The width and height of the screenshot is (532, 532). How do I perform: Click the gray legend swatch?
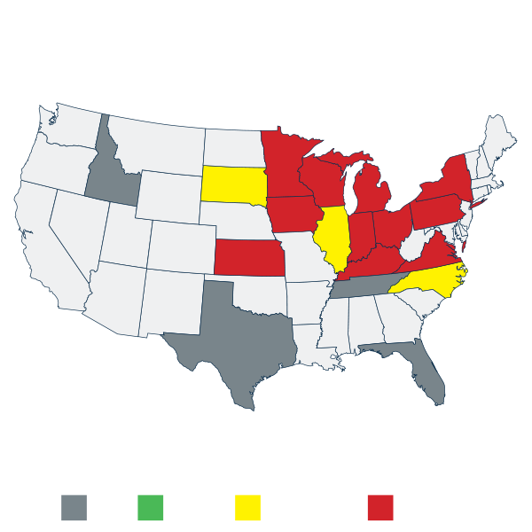[74, 507]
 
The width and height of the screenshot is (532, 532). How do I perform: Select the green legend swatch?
[151, 507]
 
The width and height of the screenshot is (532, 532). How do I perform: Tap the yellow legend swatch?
[247, 507]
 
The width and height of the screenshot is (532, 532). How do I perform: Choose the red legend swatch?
[379, 507]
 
